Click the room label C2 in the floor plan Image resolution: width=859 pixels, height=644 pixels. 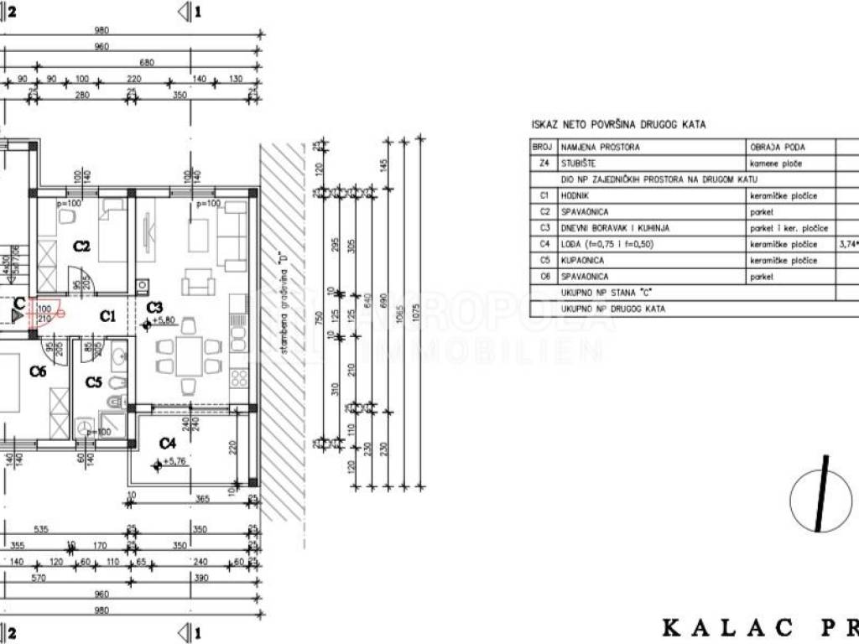pos(81,247)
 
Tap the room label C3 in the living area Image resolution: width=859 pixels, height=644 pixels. pos(154,308)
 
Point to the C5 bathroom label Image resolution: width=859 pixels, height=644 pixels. pos(94,382)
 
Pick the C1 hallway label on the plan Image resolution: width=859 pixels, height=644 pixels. pos(107,316)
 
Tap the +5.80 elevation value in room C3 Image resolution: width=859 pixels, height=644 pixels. pos(162,321)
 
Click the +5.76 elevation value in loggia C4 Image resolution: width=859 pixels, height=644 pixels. pos(170,461)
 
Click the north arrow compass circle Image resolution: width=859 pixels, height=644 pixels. pos(821,501)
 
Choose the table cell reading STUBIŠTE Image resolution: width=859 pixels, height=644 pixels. pos(578,164)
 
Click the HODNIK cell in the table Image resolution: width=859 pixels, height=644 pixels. pos(575,195)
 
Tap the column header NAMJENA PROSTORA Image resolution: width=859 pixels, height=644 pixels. pos(600,147)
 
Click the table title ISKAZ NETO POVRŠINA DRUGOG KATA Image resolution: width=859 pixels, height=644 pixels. pos(618,125)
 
